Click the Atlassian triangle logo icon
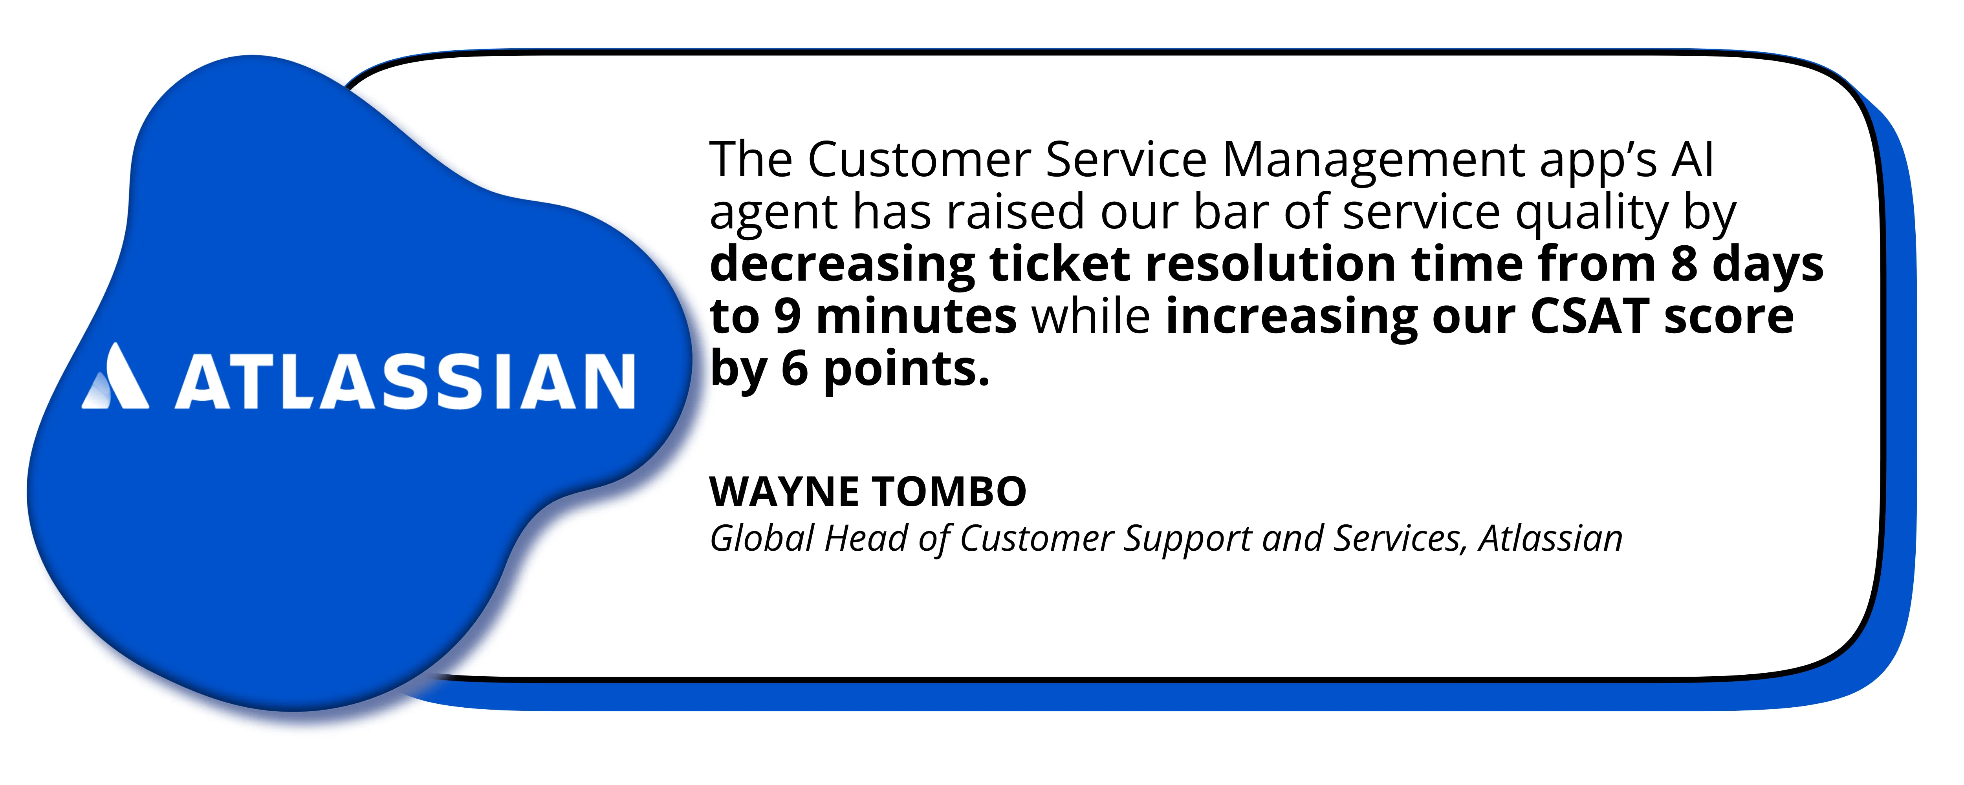(x=116, y=377)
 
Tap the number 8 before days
(x=1684, y=265)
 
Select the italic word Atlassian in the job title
(x=1551, y=538)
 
